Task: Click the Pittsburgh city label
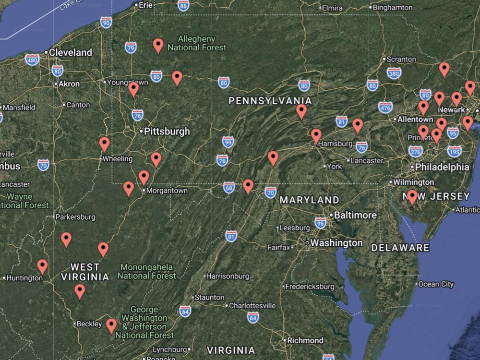coord(168,131)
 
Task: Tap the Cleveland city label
coord(71,52)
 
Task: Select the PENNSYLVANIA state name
coord(270,101)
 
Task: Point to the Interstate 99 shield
coord(228,142)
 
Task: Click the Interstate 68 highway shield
coord(229,187)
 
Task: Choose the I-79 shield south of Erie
coord(131,47)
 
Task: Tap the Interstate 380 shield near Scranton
coord(394,73)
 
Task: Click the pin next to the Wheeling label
coord(104,144)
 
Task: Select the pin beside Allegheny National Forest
coord(158,45)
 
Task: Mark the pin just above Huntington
coord(42,266)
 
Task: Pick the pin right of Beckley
coord(111,325)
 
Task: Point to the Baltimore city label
coord(355,215)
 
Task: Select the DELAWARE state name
coord(400,248)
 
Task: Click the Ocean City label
coord(435,284)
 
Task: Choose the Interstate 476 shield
coord(385,108)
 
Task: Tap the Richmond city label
coord(305,340)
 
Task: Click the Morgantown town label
coord(167,191)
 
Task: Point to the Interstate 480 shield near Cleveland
coord(32,60)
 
